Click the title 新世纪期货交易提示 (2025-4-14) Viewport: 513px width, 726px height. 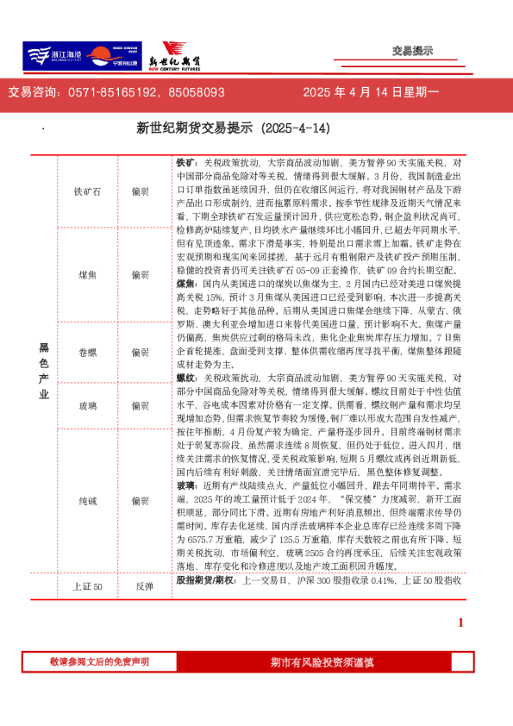pyautogui.click(x=234, y=128)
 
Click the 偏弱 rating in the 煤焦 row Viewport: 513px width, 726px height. pyautogui.click(x=140, y=275)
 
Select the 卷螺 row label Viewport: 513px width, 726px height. pyautogui.click(x=87, y=353)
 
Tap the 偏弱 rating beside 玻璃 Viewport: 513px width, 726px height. pyautogui.click(x=140, y=405)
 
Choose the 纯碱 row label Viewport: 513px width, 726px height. pyautogui.click(x=87, y=500)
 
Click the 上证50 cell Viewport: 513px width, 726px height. pyautogui.click(x=87, y=586)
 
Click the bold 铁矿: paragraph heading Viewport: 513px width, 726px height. pyautogui.click(x=187, y=162)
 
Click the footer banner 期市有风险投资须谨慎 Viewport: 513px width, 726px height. pyautogui.click(x=322, y=662)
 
